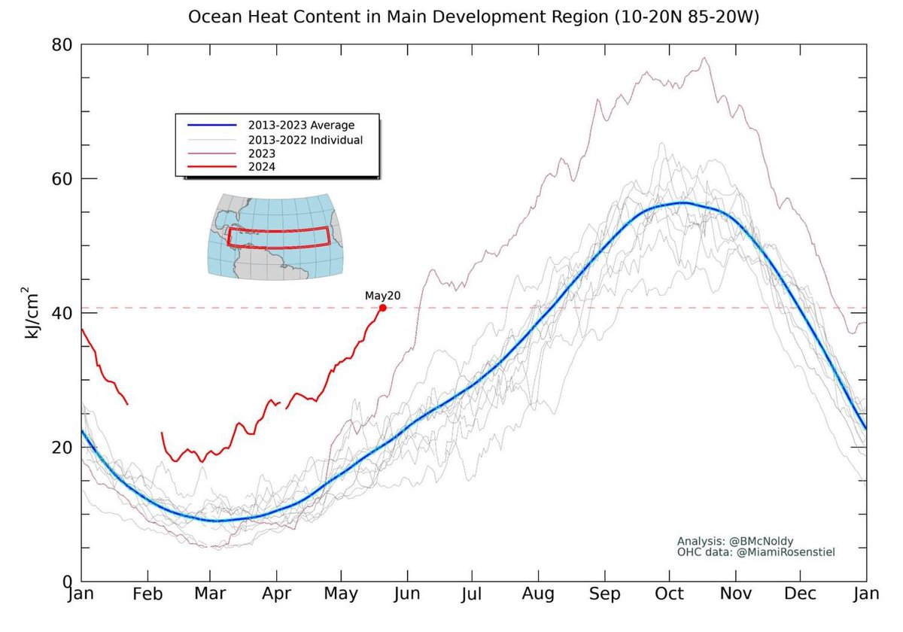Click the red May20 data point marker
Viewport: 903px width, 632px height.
click(x=383, y=307)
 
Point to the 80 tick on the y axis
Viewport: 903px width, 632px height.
click(x=62, y=44)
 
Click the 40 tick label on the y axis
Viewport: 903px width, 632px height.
click(x=62, y=313)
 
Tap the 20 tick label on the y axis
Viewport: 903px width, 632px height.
click(x=62, y=447)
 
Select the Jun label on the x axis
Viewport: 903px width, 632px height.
click(x=407, y=594)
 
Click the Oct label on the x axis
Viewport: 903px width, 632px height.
click(x=670, y=594)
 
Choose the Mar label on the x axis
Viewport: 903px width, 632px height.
click(x=211, y=594)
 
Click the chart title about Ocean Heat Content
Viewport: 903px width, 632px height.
click(x=473, y=17)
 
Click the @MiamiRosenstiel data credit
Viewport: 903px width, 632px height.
click(x=756, y=552)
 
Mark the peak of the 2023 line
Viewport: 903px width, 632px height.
click(x=704, y=58)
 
